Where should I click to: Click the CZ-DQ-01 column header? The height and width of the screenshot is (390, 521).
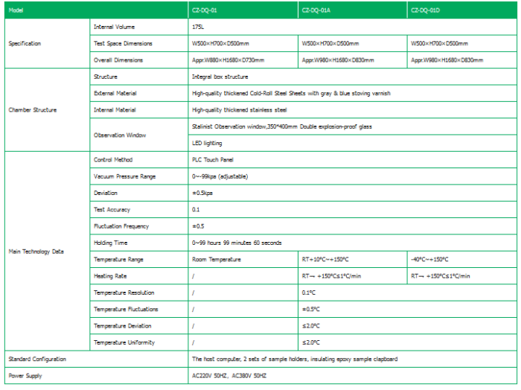(204, 10)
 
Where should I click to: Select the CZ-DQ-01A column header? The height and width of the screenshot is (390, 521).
(316, 10)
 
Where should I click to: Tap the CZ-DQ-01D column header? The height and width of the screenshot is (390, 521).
(426, 10)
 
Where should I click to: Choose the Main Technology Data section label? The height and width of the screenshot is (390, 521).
(36, 252)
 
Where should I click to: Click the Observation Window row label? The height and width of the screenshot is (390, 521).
(120, 135)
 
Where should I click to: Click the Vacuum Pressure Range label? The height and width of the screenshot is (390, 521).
(125, 176)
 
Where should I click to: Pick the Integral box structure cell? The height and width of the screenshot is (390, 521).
(220, 77)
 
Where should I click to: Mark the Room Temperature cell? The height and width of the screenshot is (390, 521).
(217, 260)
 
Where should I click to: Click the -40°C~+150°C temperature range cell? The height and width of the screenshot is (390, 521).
(429, 260)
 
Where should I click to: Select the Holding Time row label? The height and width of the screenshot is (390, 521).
(111, 243)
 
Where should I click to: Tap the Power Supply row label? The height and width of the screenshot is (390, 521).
(26, 376)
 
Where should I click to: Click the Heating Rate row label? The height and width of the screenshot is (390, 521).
(110, 276)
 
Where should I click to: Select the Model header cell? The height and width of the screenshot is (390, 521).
(16, 10)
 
